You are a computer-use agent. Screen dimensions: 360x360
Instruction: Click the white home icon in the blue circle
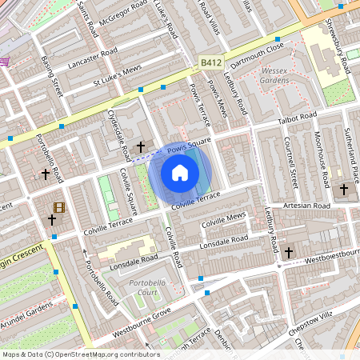coord(180,172)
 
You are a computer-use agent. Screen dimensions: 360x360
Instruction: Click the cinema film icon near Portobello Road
coord(59,206)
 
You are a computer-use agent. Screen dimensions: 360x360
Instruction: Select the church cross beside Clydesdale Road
coord(142,147)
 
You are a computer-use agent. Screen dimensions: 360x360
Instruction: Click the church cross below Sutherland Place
coord(344,190)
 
